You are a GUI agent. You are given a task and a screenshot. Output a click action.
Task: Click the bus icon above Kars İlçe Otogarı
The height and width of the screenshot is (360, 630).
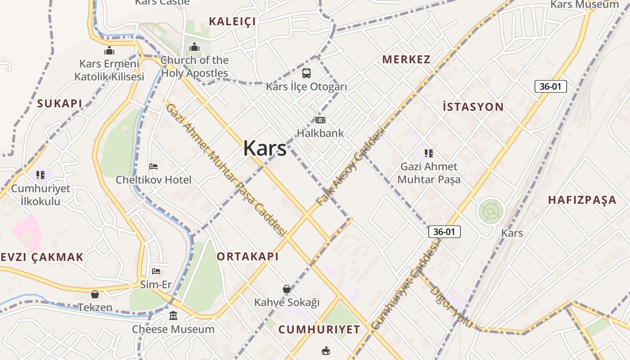[x=306, y=73]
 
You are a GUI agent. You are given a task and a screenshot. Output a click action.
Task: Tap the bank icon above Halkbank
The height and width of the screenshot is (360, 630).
[x=320, y=120]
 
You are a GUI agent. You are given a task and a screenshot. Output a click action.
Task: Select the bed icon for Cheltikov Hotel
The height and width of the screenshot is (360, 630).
[x=153, y=166]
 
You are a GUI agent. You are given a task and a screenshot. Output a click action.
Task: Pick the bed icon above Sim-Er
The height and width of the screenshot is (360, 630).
[x=156, y=271]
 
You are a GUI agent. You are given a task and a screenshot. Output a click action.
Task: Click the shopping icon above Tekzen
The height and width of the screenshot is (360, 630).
[x=95, y=294]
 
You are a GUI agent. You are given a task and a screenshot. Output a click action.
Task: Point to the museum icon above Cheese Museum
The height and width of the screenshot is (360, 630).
[x=173, y=316]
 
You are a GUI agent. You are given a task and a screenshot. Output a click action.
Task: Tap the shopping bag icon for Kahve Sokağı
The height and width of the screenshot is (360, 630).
[x=287, y=288]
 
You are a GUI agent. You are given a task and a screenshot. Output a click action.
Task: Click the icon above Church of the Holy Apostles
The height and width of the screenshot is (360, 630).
[x=194, y=47]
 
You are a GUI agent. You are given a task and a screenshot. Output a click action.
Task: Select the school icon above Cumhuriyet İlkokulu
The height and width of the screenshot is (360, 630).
[x=40, y=174]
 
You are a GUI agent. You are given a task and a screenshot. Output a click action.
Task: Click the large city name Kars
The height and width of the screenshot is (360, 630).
[x=265, y=148]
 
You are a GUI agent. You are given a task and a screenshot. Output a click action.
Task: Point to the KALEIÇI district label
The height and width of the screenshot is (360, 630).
[x=232, y=21]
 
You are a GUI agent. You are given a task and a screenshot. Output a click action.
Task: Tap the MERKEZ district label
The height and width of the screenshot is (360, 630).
[x=406, y=59]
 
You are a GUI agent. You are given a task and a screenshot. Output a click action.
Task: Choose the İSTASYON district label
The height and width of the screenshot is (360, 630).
[x=473, y=107]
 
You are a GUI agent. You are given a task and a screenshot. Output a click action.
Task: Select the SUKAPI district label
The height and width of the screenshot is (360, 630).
[x=60, y=103]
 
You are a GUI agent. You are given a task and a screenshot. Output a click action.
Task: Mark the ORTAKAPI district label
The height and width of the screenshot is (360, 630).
[x=247, y=256]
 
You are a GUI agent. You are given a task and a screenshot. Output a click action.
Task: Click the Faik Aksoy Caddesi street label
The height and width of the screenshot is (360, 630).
[x=351, y=166]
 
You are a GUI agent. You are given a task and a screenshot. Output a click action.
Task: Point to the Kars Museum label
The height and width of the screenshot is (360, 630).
[x=585, y=5]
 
